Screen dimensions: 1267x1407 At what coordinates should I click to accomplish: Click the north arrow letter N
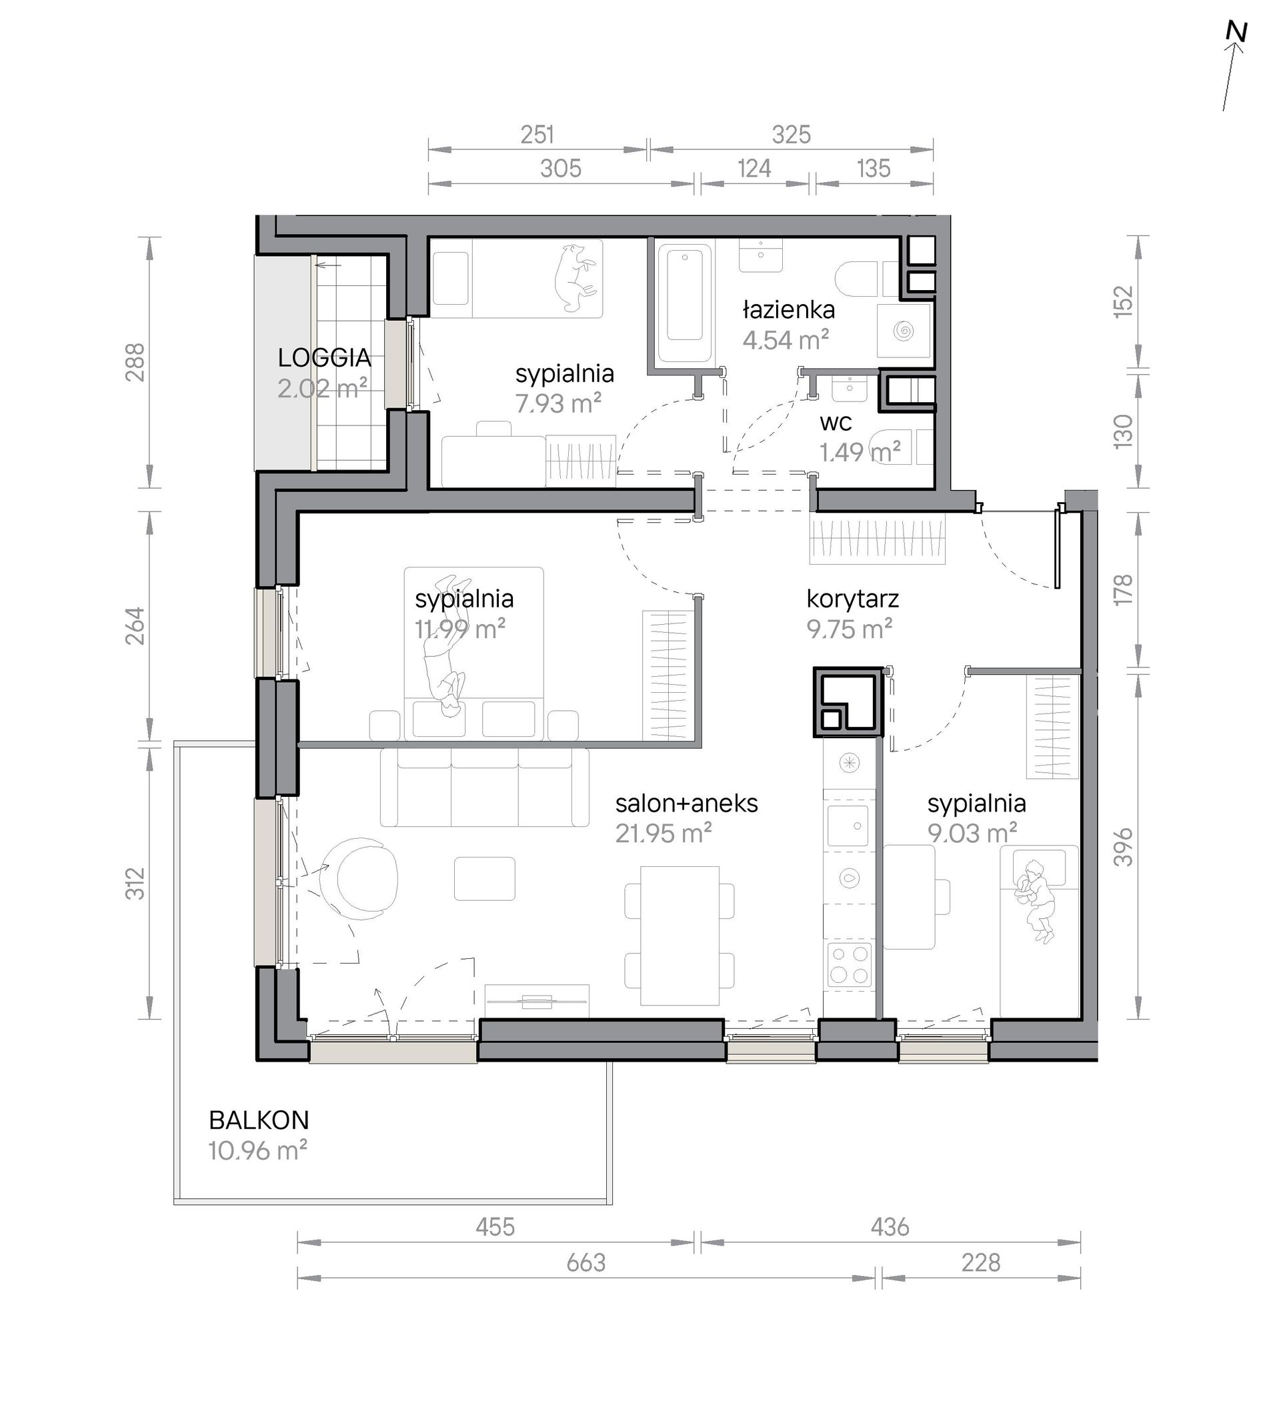click(x=1236, y=52)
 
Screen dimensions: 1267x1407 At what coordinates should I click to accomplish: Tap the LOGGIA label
click(x=324, y=358)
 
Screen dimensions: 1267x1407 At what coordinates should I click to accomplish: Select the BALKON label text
click(x=259, y=1120)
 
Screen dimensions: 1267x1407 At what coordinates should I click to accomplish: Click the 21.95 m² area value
click(x=664, y=834)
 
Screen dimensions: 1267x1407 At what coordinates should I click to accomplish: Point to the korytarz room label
click(x=853, y=599)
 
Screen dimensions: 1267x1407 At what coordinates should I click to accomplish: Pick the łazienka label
click(x=789, y=309)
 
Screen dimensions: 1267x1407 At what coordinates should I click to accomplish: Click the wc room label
click(x=836, y=423)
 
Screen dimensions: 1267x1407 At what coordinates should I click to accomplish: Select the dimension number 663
click(x=586, y=1262)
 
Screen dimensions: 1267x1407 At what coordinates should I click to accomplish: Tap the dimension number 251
click(x=537, y=134)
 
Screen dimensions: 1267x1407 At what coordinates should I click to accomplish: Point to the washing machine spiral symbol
click(x=904, y=330)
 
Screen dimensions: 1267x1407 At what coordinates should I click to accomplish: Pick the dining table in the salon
click(x=680, y=936)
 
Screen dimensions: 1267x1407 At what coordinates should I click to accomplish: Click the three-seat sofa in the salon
click(x=485, y=788)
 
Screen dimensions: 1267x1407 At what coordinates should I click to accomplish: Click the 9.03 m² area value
click(x=972, y=833)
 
